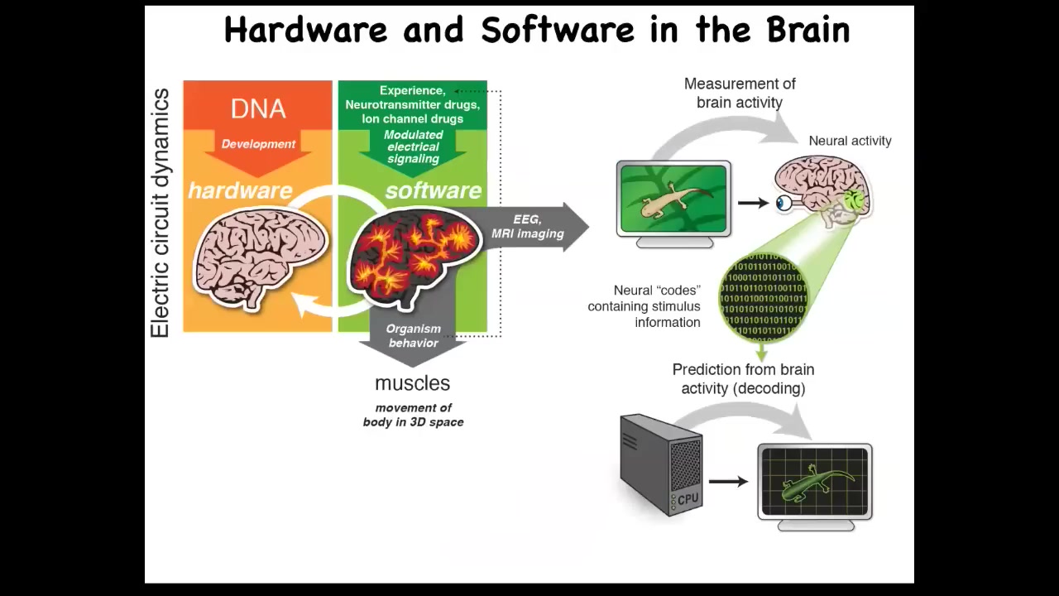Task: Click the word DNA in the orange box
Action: (258, 108)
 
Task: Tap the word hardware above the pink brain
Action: (240, 190)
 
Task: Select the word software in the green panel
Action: (433, 190)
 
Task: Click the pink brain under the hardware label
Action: (260, 257)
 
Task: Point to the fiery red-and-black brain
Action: (414, 252)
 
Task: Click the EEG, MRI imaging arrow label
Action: (528, 226)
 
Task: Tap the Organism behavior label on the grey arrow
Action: (414, 335)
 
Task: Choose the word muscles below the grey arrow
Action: (412, 383)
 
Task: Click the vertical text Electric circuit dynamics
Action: (160, 214)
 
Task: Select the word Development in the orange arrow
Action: (258, 144)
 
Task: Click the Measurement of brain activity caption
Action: (740, 93)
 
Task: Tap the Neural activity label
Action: (850, 141)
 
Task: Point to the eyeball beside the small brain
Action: (783, 203)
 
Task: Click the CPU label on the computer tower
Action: (688, 499)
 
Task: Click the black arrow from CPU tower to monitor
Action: (728, 481)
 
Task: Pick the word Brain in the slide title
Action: (808, 30)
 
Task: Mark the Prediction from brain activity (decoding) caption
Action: (743, 378)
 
